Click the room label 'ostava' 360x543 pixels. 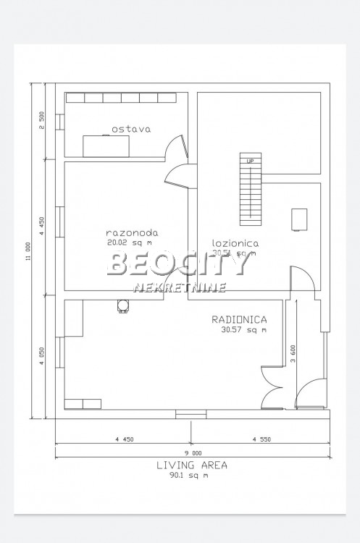(130, 130)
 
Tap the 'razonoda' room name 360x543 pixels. (131, 233)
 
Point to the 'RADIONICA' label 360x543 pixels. (240, 319)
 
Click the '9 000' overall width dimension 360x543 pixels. (192, 452)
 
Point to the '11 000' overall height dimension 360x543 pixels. (28, 250)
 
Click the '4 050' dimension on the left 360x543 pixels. (42, 358)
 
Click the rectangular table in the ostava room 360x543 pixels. (106, 145)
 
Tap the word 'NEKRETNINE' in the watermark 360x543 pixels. (180, 287)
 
